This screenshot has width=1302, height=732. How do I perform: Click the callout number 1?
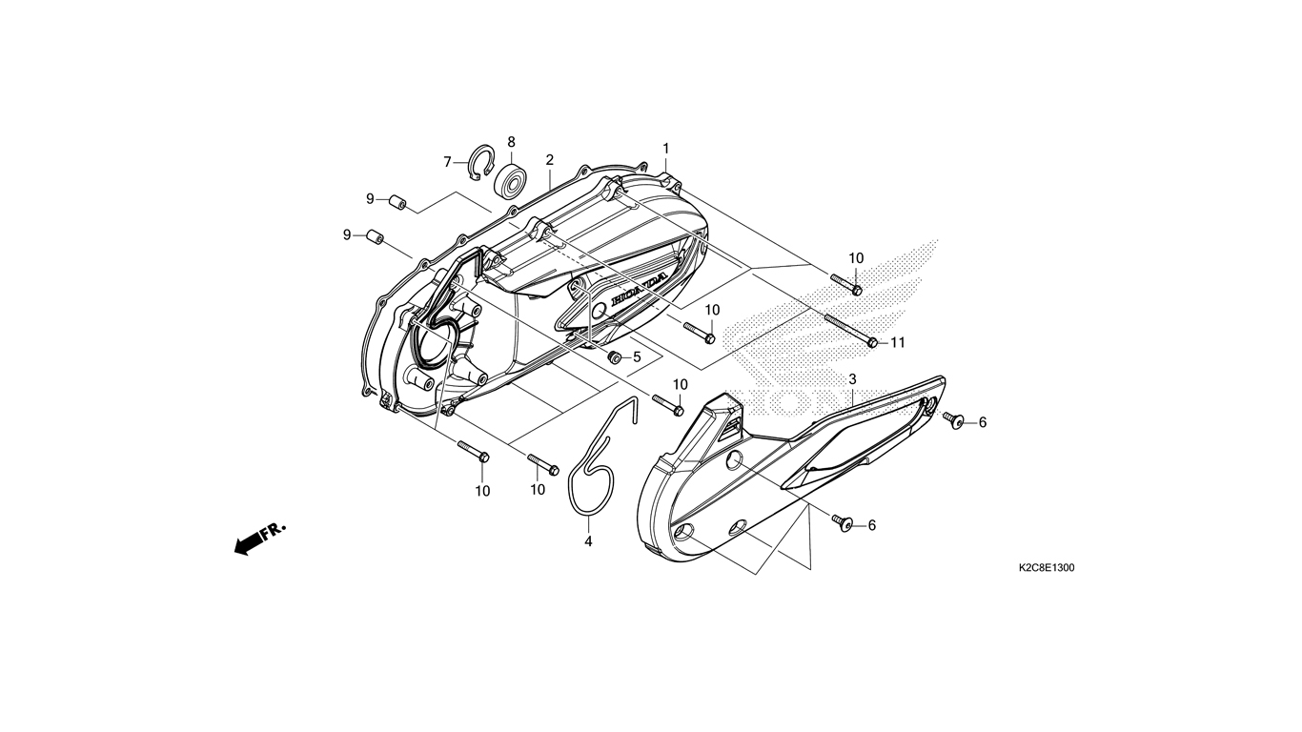pos(666,149)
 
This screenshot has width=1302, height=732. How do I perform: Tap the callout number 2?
pos(549,159)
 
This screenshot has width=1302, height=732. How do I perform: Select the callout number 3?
pos(852,379)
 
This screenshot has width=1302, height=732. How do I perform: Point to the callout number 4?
pos(588,541)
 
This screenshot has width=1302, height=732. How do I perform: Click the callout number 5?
pos(637,357)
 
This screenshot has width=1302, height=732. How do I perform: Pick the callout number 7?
pos(448,162)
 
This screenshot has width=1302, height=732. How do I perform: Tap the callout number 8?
pos(512,142)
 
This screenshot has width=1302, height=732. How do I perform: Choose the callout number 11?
pos(898,343)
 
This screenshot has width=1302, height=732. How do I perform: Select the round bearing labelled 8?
pos(510,181)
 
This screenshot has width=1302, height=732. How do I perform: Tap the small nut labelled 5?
pos(613,357)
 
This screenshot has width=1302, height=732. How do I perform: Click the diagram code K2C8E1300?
pos(1047,568)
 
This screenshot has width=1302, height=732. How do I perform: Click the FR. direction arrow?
pos(260,539)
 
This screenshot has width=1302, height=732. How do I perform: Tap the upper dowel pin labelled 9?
pos(397,204)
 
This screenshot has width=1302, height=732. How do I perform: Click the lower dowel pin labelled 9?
pos(375,238)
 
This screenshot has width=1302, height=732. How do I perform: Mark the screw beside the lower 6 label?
pos(842,522)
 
